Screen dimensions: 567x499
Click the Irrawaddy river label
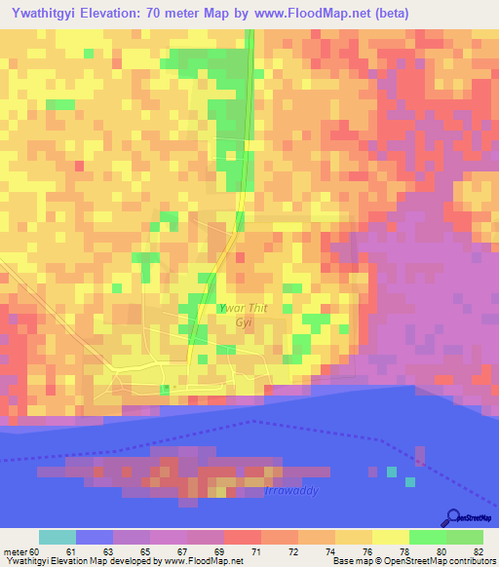pyautogui.click(x=291, y=491)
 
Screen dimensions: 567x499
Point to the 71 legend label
pyautogui.click(x=228, y=551)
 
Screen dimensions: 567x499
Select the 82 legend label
pyautogui.click(x=478, y=551)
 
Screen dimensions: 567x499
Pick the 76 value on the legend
pyautogui.click(x=366, y=551)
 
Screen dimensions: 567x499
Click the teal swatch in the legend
pyautogui.click(x=58, y=537)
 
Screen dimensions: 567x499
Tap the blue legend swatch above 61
pyautogui.click(x=95, y=537)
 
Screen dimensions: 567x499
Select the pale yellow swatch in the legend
pyautogui.click(x=390, y=537)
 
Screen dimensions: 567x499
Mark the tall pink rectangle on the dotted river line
pyautogui.click(x=419, y=455)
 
